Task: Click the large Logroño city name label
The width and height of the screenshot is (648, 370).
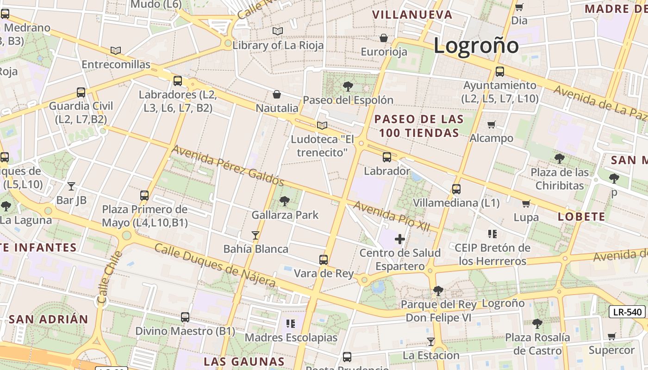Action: [476, 45]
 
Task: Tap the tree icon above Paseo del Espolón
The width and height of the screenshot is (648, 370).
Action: [348, 86]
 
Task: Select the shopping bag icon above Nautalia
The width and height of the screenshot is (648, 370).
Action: [277, 94]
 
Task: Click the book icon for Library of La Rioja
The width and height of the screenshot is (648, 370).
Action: [278, 31]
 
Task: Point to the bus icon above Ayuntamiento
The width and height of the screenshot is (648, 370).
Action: [500, 72]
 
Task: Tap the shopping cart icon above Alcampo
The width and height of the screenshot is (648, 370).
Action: [491, 124]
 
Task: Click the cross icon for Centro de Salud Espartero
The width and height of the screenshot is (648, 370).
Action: [400, 239]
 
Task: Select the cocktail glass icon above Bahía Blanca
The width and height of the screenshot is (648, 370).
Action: [255, 235]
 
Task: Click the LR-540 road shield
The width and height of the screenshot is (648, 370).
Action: [627, 312]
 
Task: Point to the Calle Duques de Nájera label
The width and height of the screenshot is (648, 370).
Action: [215, 265]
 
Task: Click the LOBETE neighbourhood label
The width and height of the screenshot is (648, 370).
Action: [581, 216]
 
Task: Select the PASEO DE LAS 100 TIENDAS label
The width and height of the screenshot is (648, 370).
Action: [419, 126]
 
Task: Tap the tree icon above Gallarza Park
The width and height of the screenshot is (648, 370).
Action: [285, 201]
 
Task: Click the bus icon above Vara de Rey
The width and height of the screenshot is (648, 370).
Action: [324, 260]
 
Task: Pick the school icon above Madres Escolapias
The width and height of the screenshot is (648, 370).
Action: [291, 323]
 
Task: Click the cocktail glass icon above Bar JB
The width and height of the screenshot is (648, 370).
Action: [71, 186]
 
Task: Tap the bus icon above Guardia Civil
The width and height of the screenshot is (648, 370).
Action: [81, 92]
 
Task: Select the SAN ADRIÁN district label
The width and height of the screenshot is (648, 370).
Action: [48, 319]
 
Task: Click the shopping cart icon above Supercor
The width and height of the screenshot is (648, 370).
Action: [611, 336]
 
